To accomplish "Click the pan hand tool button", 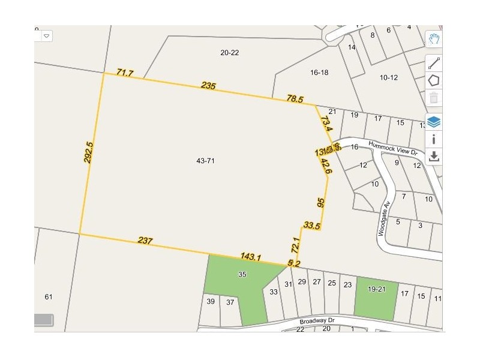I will coord(434,40).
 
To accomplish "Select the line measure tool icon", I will coord(434,63).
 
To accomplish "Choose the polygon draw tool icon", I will coord(434,80).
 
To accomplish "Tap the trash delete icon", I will coord(434,98).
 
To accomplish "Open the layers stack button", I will coord(434,122).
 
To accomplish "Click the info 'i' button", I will coord(434,139).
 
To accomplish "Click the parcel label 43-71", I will coord(205,161).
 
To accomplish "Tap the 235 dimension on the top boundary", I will coord(208,86).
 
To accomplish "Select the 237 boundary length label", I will coord(145,241).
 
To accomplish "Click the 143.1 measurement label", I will coord(250,257).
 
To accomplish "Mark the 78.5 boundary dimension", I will coord(295,99).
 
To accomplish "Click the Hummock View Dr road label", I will coord(393,148).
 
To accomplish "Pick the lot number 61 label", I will coord(49,297).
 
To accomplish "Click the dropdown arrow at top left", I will coord(46,36).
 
